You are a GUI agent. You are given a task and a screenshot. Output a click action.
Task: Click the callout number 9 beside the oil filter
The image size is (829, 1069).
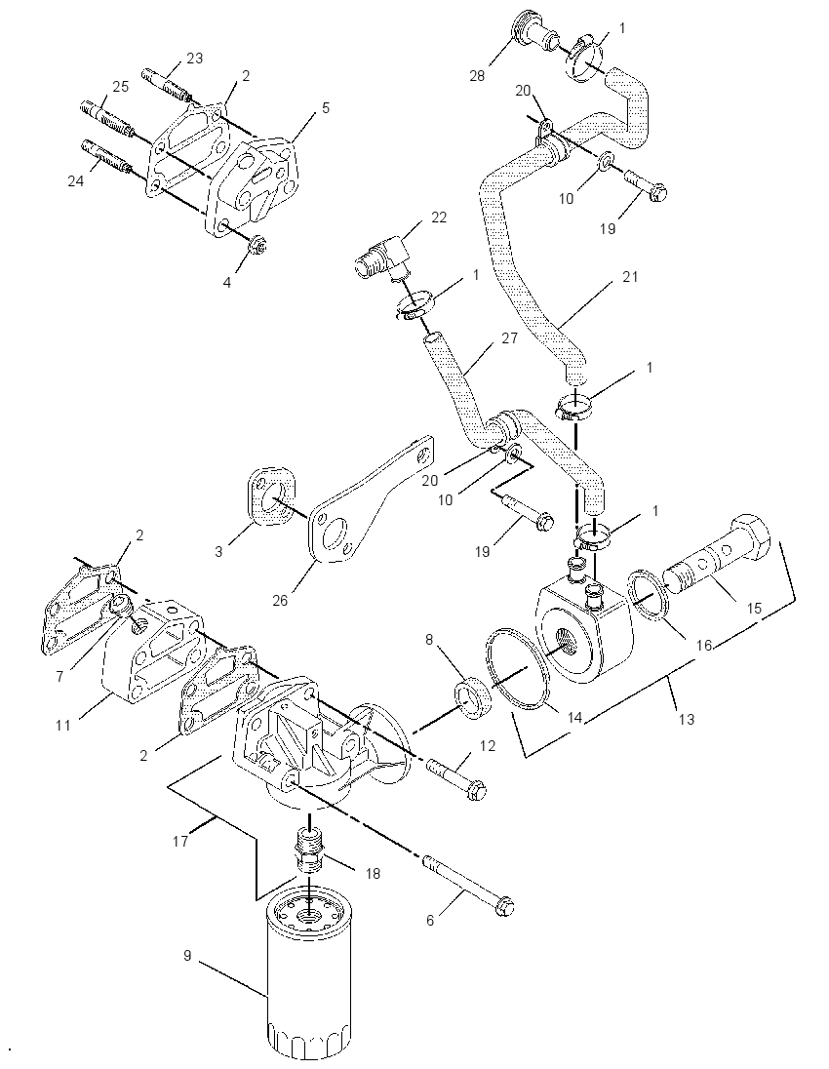click(187, 956)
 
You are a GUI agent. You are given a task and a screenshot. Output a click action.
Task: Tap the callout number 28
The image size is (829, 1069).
click(477, 76)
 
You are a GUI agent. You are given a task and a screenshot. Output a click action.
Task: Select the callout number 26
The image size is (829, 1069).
click(280, 600)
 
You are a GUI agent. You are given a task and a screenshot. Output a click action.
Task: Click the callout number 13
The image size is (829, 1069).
click(687, 719)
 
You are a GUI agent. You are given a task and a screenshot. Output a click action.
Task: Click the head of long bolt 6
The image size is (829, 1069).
click(504, 907)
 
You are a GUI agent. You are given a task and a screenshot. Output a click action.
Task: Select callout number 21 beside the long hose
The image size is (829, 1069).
click(631, 277)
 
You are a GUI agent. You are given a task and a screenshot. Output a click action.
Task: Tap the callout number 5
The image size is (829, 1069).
click(326, 107)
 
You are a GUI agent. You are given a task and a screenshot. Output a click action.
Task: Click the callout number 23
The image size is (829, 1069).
click(194, 58)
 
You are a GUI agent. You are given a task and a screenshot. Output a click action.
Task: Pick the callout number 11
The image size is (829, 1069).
click(63, 725)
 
